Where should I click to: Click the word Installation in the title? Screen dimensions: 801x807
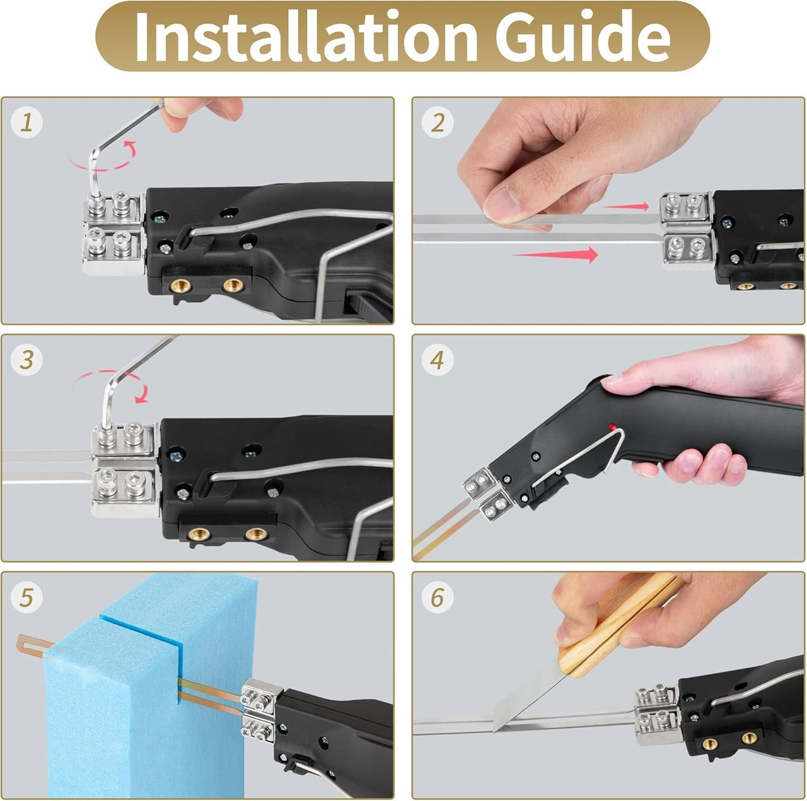pos(306,36)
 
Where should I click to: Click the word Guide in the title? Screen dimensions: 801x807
pos(583,36)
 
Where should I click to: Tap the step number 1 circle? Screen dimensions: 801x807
pos(26,122)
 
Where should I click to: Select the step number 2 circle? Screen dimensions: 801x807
pos(438,122)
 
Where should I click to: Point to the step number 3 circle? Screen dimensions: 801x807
pos(26,360)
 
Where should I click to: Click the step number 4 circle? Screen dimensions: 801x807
pos(438,360)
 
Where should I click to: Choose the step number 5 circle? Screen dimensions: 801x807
pos(26,597)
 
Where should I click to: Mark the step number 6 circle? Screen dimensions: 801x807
pos(438,597)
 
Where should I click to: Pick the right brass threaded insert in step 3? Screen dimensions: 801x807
pos(256,534)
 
